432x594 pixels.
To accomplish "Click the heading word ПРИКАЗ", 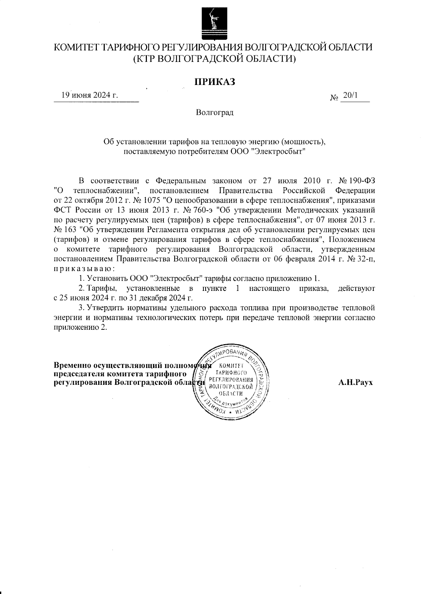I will coord(215,82).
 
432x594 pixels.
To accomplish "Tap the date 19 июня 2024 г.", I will coord(90,95).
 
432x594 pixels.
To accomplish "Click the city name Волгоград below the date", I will coord(215,113).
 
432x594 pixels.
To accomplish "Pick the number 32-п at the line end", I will coord(366,259).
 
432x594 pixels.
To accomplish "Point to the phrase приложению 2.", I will coord(80,328).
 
